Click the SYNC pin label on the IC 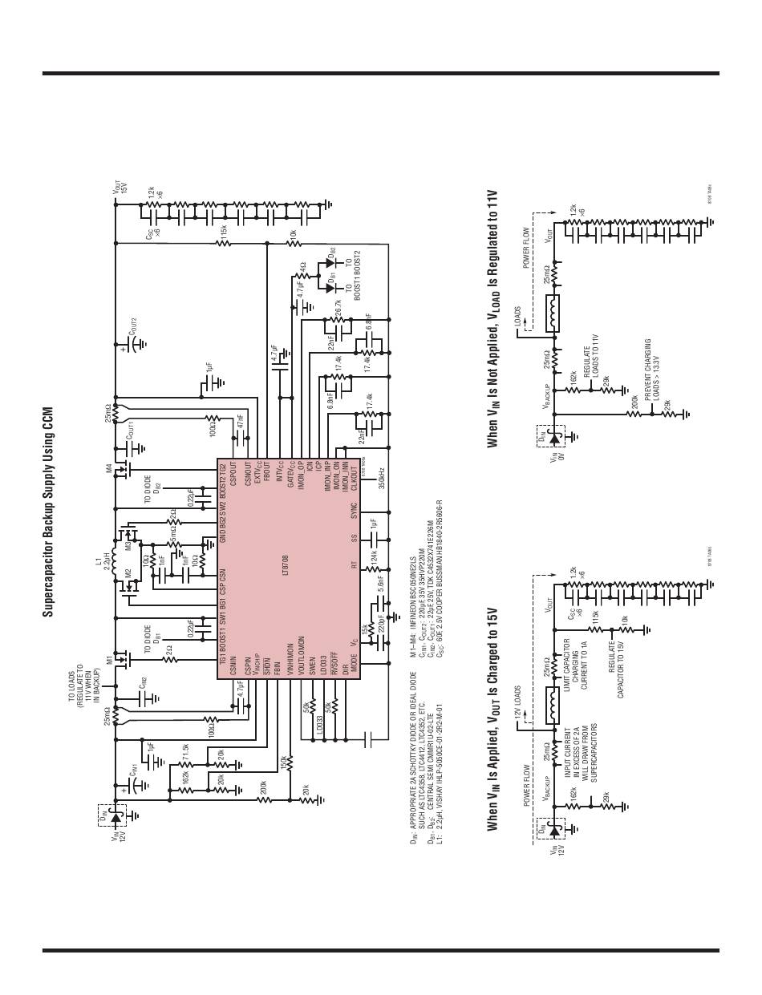coord(352,512)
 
